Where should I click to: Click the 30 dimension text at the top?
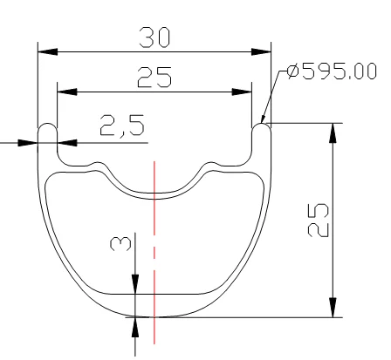tap(154, 37)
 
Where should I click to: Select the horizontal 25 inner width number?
tap(154, 78)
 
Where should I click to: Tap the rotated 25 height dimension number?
tap(318, 220)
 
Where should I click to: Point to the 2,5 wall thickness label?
tap(122, 126)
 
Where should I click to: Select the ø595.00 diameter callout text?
tap(332, 71)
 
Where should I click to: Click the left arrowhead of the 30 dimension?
tap(48, 52)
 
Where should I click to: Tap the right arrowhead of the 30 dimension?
tap(261, 52)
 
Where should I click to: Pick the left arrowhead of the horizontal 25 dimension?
tap(67, 92)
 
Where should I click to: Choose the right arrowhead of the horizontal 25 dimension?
tap(242, 92)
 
